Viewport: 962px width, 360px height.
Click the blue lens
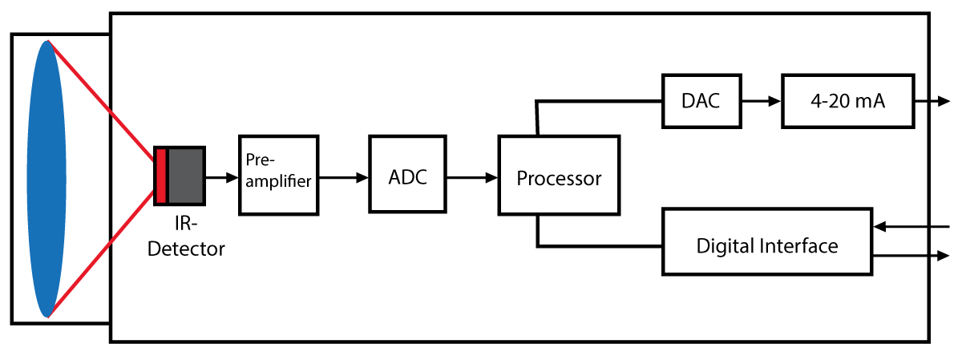(x=46, y=178)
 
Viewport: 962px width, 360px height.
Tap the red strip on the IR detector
(x=161, y=175)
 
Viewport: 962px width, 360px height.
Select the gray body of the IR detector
(x=185, y=175)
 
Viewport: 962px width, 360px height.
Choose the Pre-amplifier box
(x=279, y=174)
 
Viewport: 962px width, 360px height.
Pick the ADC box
(x=406, y=174)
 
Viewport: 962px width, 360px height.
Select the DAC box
(x=700, y=101)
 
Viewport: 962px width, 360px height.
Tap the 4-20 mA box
(x=847, y=102)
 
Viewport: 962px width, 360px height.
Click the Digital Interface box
(x=767, y=245)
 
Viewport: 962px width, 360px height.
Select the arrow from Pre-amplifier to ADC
(x=344, y=177)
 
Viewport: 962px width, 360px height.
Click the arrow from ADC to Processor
(x=472, y=177)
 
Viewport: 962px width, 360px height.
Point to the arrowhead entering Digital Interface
(x=879, y=227)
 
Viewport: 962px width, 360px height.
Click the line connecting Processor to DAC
(x=597, y=102)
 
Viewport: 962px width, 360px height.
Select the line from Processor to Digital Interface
(x=597, y=245)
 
